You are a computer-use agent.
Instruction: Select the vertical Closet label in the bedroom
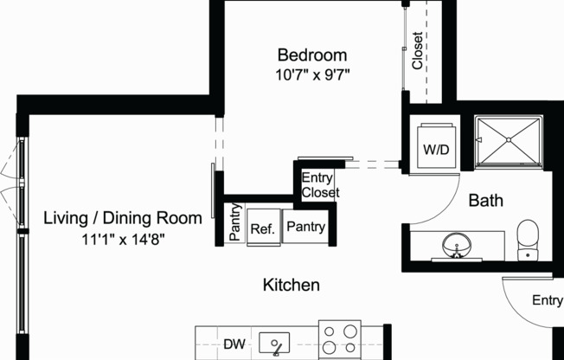tap(418, 51)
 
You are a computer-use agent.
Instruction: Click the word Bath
tap(485, 201)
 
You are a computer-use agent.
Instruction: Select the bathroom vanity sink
tap(457, 246)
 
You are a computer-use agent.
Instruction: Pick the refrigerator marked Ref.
tap(262, 229)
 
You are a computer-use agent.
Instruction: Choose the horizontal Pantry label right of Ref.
tap(305, 228)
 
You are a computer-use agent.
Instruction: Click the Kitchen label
tap(292, 285)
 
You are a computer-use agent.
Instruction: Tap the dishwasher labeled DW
tap(234, 344)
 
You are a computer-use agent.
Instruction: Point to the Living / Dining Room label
tap(123, 218)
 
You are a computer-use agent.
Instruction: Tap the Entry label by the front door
tap(547, 300)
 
